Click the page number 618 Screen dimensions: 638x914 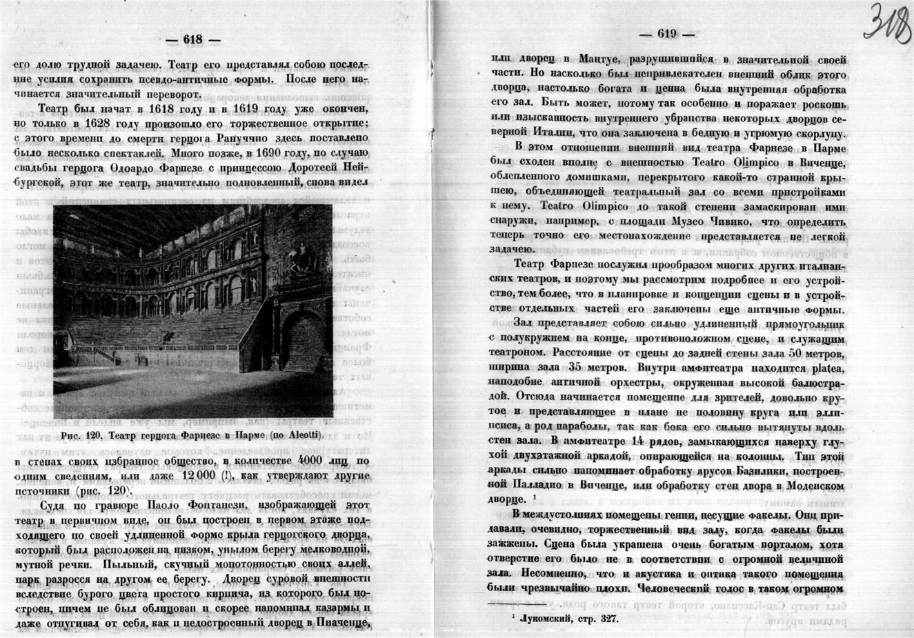pyautogui.click(x=192, y=40)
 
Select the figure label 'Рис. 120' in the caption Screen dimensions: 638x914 pyautogui.click(x=81, y=435)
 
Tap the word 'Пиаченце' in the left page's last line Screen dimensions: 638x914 pyautogui.click(x=348, y=623)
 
